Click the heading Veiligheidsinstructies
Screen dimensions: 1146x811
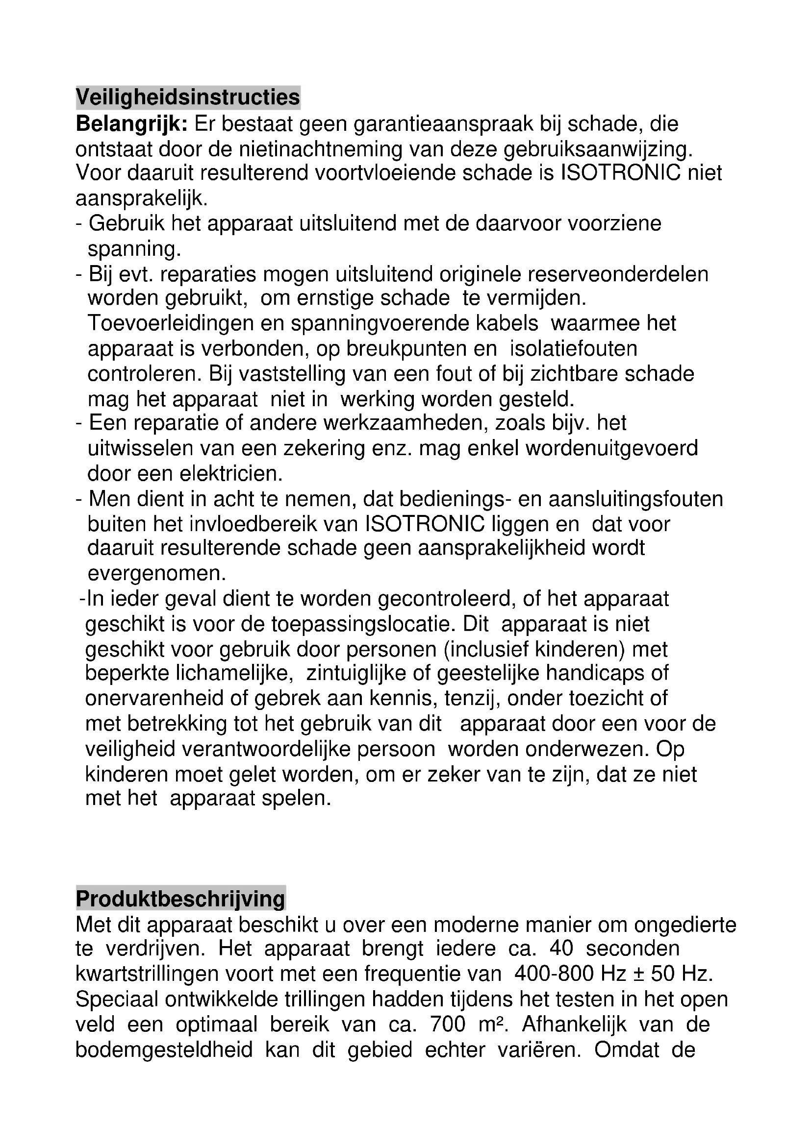(188, 98)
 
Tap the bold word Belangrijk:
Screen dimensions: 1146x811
(131, 124)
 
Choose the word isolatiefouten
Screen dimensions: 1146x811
(574, 348)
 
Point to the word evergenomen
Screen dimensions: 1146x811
(157, 574)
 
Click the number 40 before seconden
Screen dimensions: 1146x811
(561, 949)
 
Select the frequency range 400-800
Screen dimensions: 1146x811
(555, 974)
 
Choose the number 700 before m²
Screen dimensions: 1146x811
(448, 1024)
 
